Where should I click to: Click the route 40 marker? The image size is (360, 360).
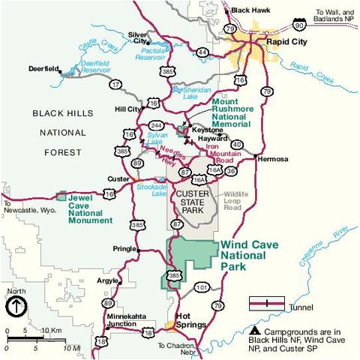coord(236,145)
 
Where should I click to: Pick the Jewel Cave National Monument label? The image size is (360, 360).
coord(90,211)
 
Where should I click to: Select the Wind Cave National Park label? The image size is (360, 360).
coord(253,255)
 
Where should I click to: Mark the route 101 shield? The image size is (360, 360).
coord(199,286)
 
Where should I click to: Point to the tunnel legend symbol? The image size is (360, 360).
coord(266,303)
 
